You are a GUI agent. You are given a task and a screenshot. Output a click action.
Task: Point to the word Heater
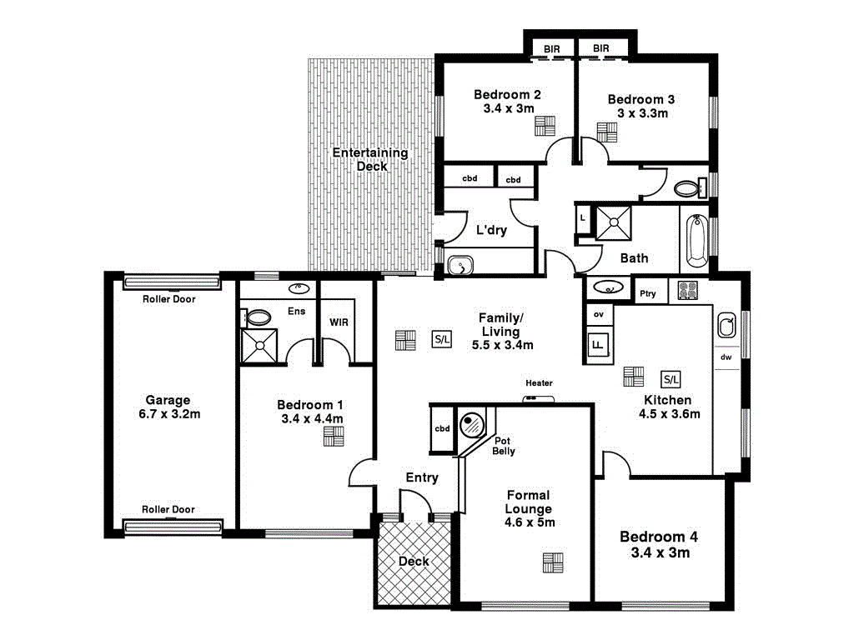(x=539, y=383)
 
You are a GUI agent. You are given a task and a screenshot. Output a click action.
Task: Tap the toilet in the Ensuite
(x=258, y=317)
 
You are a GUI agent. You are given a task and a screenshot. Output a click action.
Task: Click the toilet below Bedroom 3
(x=687, y=188)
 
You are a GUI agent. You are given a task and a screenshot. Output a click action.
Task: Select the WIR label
(x=339, y=321)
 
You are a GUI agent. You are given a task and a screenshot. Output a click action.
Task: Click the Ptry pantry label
(x=647, y=293)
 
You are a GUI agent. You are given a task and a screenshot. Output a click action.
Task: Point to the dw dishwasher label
(x=726, y=357)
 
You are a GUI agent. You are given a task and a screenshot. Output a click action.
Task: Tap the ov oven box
(x=598, y=314)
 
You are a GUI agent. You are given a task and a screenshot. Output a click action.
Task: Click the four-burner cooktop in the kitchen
(x=687, y=291)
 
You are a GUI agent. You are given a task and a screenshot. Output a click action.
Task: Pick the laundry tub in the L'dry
(x=460, y=266)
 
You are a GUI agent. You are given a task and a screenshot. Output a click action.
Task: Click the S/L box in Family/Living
(x=441, y=339)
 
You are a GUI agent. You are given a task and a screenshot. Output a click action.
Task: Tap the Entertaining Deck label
(x=370, y=159)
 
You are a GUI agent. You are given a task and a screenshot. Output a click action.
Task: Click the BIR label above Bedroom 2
(x=552, y=49)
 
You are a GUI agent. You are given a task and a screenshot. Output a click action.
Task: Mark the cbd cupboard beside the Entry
(x=442, y=429)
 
